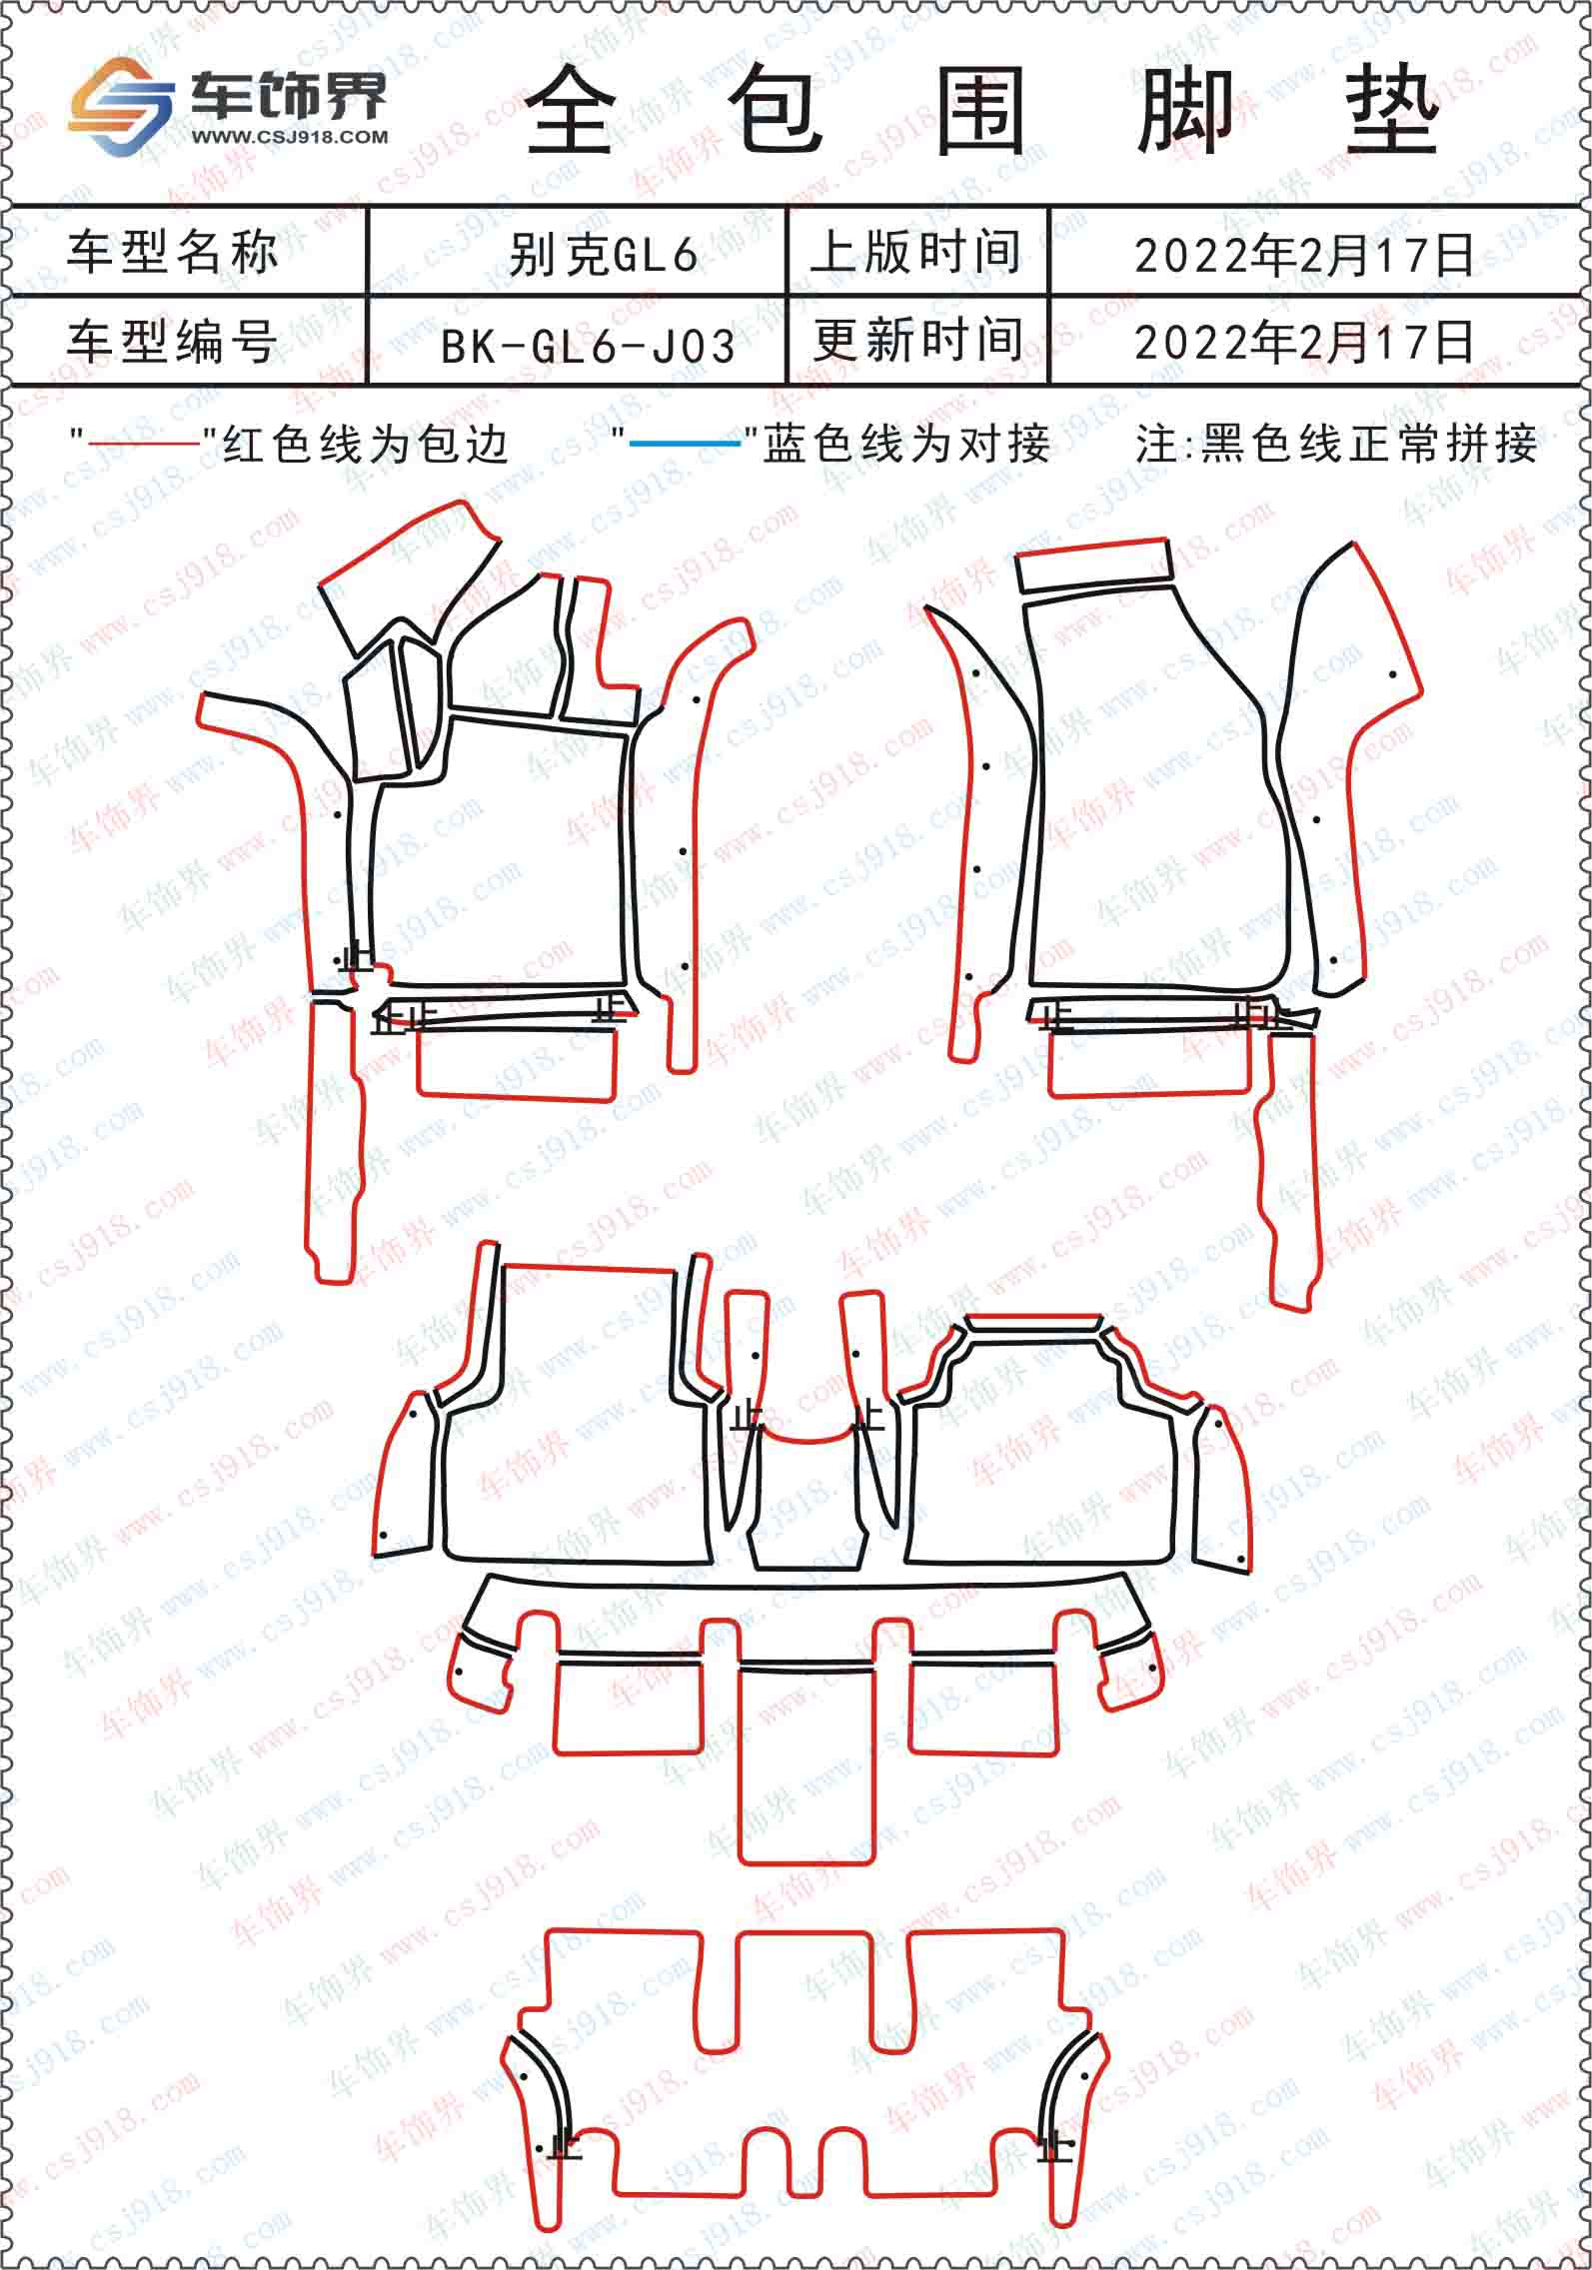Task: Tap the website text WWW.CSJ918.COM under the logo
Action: tap(288, 137)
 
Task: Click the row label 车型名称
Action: tap(172, 251)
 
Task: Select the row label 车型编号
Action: tap(172, 341)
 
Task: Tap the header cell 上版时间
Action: tap(916, 251)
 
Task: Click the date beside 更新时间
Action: tap(1304, 342)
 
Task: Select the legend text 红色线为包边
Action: tap(366, 444)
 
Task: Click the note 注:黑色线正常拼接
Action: tap(1336, 443)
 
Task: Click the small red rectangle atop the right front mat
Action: tap(1092, 566)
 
